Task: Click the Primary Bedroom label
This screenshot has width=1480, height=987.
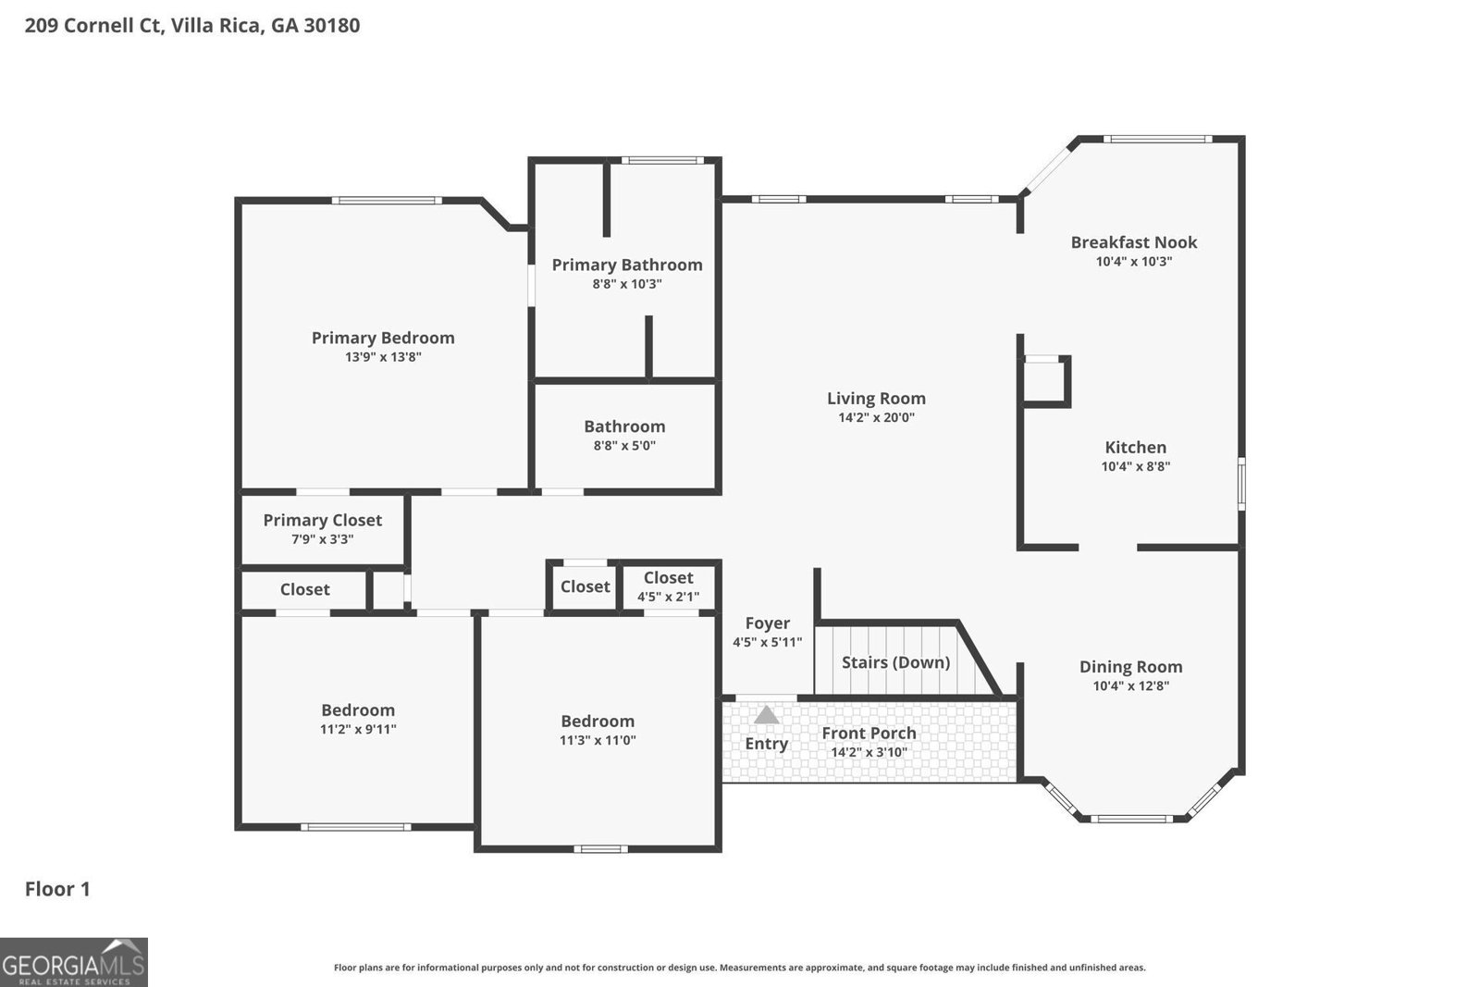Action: click(383, 338)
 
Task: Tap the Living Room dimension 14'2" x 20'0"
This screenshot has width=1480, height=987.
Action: click(876, 417)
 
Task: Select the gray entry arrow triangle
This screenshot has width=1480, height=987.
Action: click(766, 715)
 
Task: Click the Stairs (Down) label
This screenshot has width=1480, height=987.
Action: click(895, 662)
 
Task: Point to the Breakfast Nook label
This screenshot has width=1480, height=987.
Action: click(1133, 242)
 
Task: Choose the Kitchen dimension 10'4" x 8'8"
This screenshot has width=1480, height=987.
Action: click(1135, 467)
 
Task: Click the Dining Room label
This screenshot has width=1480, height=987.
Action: click(1130, 667)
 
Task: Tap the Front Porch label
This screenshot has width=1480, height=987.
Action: click(869, 734)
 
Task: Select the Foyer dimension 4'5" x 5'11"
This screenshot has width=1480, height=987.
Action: click(767, 642)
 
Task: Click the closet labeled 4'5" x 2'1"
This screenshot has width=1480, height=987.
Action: click(668, 586)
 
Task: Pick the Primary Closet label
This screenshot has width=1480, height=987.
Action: click(322, 520)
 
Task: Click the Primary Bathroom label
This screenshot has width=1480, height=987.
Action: click(627, 265)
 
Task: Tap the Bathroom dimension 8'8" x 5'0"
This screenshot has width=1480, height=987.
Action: click(624, 446)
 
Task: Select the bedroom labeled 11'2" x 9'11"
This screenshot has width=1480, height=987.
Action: click(358, 719)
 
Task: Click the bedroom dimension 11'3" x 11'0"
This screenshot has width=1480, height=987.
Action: click(598, 740)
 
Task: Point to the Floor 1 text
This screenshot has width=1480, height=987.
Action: click(57, 889)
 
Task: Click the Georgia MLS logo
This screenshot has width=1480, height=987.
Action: click(73, 962)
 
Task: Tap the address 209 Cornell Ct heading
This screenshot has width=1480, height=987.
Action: click(192, 25)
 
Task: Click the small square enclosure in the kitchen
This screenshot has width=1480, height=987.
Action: click(1044, 381)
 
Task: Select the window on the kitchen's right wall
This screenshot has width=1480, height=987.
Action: click(1241, 483)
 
